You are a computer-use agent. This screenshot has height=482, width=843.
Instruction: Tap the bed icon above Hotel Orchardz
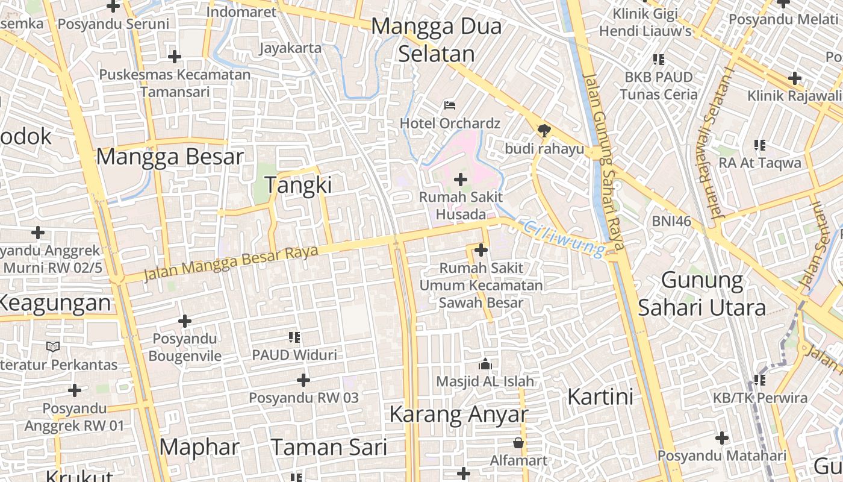coord(449,105)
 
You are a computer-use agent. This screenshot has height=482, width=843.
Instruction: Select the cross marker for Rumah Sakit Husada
coord(461,179)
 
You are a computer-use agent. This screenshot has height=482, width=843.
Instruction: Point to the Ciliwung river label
coord(564,239)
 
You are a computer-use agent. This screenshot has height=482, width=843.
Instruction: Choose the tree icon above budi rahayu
coord(544,130)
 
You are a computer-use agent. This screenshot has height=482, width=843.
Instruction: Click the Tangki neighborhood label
coord(298,185)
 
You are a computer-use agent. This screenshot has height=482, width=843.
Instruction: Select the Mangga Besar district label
coord(170,157)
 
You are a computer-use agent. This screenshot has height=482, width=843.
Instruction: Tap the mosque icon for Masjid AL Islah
coord(485,364)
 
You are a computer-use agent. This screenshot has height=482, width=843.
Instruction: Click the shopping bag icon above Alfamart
coord(518,443)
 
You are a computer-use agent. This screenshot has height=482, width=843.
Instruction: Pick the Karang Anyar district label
coord(458,414)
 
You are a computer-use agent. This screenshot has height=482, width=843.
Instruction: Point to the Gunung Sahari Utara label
coord(701,294)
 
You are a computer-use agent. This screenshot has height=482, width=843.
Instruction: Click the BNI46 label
coord(671,221)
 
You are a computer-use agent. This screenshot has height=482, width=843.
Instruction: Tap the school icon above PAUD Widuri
coord(294,337)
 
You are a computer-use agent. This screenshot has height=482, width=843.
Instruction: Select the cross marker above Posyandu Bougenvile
coord(185,321)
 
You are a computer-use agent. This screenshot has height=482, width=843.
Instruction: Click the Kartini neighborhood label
coord(600,397)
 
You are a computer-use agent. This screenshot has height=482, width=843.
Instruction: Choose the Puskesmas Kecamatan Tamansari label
coord(175,83)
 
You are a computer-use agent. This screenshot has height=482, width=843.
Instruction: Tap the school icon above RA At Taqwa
coord(760,145)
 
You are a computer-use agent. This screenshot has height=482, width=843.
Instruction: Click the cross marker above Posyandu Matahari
coord(722,438)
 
